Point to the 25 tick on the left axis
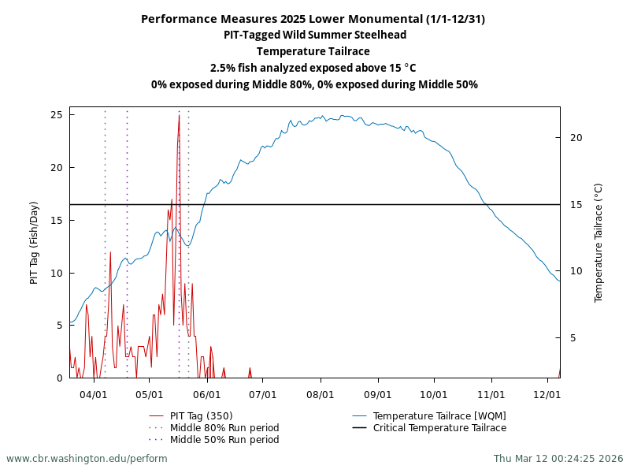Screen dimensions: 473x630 (56, 115)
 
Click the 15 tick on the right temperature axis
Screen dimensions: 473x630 (575, 205)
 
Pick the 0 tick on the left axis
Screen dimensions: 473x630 (59, 378)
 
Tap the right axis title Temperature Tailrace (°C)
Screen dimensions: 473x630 (598, 243)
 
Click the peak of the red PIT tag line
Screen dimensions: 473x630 (179, 116)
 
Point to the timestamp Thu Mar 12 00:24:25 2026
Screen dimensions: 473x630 (558, 459)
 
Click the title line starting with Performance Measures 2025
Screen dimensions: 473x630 (313, 19)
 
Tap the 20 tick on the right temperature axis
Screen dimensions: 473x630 (575, 138)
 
